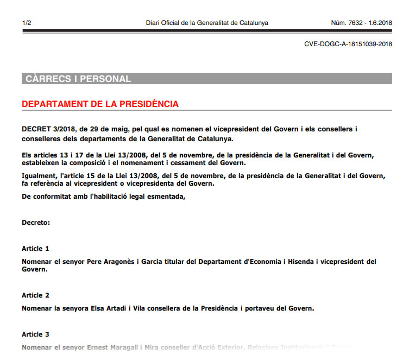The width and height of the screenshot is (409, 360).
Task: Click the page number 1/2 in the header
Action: pyautogui.click(x=26, y=23)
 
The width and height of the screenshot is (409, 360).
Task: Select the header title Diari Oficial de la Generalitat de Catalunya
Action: pyautogui.click(x=207, y=23)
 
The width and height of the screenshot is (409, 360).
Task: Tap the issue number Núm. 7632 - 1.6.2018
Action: pyautogui.click(x=361, y=23)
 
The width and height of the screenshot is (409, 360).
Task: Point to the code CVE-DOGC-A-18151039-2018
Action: pyautogui.click(x=348, y=44)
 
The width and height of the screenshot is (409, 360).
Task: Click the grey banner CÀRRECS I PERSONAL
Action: pyautogui.click(x=78, y=79)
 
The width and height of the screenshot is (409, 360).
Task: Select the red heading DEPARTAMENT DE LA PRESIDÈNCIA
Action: pyautogui.click(x=100, y=104)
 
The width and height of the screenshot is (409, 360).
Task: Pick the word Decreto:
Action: pyautogui.click(x=36, y=223)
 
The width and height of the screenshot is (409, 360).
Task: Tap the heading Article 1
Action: pyautogui.click(x=35, y=249)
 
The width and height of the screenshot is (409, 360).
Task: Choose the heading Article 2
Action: pyautogui.click(x=35, y=295)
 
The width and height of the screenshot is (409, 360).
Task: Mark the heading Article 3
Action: pyautogui.click(x=35, y=334)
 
